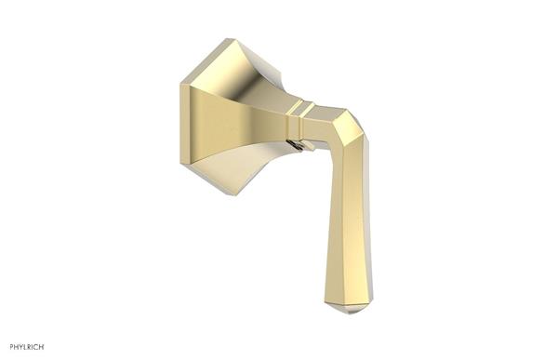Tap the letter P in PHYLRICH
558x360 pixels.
(7, 347)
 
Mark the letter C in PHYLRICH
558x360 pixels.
(35, 347)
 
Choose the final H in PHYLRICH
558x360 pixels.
(41, 347)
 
